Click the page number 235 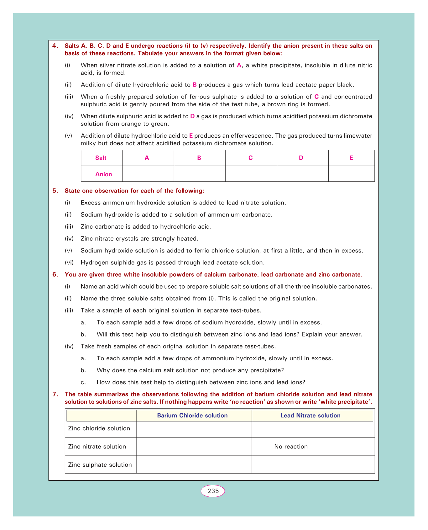(213, 491)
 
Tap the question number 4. (55, 46)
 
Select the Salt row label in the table (101, 158)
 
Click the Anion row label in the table (103, 174)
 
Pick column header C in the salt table (251, 158)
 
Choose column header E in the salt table (351, 158)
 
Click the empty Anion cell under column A (148, 174)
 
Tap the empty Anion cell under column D (302, 174)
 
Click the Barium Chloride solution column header (192, 416)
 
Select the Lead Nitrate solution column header (311, 416)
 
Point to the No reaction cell (291, 447)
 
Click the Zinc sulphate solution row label (100, 465)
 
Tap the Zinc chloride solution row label (99, 428)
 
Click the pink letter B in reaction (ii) (195, 85)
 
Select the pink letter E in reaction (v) (191, 136)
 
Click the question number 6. (55, 275)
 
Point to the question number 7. (55, 395)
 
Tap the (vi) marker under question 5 (68, 263)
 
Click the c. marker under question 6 (83, 382)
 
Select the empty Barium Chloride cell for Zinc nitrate (194, 447)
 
